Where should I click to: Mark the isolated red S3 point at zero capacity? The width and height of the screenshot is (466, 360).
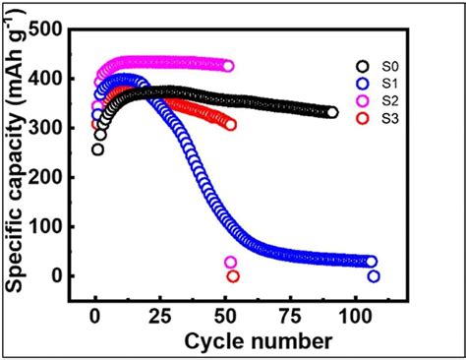pos(233,276)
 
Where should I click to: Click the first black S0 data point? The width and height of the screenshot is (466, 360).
pos(97,149)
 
